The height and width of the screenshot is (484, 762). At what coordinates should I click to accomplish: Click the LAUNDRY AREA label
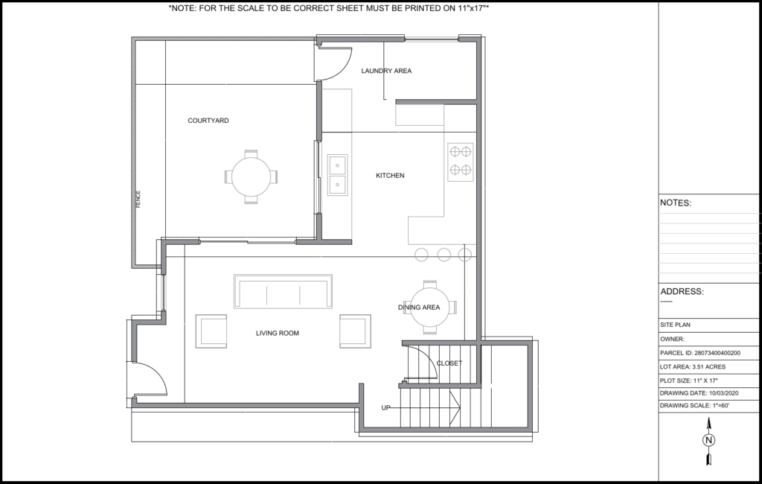[x=386, y=71]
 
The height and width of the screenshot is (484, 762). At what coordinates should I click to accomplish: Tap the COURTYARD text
[x=208, y=121]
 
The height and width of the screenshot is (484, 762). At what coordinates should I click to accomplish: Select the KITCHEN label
[x=390, y=176]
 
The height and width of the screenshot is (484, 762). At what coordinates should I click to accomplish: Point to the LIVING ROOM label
[x=278, y=333]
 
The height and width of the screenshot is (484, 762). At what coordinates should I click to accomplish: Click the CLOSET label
[x=449, y=363]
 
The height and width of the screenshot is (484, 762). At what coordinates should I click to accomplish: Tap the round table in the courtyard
[x=252, y=176]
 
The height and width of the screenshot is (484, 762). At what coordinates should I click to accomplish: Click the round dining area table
[x=430, y=308]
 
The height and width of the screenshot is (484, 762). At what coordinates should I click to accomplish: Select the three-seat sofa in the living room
[x=283, y=291]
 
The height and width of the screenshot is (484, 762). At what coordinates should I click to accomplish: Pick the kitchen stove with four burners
[x=460, y=162]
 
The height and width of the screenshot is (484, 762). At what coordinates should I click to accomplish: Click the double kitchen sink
[x=337, y=175]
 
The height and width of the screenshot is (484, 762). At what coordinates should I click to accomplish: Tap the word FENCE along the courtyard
[x=138, y=199]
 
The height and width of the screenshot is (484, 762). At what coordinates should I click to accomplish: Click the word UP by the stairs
[x=386, y=407]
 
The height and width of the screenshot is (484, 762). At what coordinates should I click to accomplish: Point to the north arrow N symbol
[x=708, y=440]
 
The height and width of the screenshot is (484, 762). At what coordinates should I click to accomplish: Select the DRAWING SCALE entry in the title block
[x=694, y=405]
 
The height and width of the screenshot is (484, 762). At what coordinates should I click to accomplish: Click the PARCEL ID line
[x=700, y=353]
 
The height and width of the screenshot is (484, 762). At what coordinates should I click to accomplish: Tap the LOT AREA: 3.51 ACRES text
[x=693, y=367]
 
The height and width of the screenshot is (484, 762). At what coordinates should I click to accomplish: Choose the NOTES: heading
[x=676, y=203]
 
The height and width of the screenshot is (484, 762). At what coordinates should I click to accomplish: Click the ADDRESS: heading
[x=682, y=291]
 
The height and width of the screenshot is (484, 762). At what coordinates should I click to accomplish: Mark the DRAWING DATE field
[x=699, y=393]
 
